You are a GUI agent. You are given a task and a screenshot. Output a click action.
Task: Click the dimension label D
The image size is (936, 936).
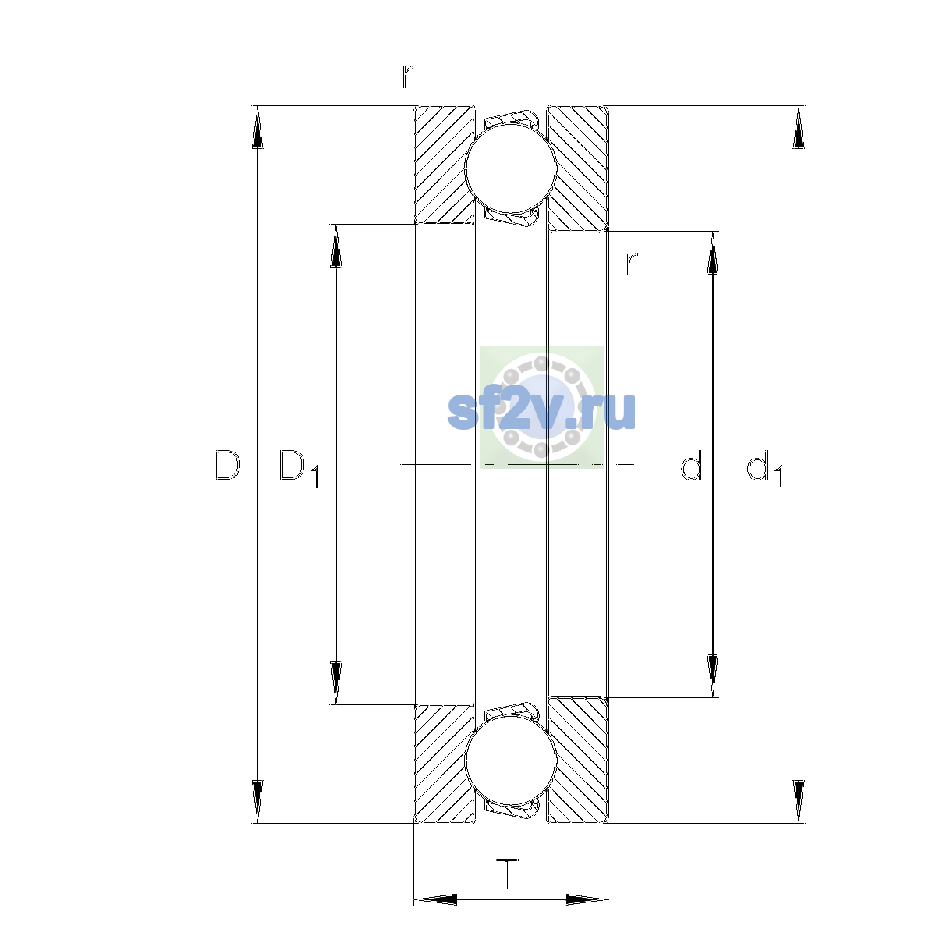tap(228, 465)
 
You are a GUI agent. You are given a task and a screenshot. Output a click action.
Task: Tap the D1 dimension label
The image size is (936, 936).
tap(299, 468)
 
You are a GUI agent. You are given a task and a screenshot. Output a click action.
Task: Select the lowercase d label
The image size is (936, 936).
tap(691, 465)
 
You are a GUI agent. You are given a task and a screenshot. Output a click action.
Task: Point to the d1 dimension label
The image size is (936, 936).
tap(764, 468)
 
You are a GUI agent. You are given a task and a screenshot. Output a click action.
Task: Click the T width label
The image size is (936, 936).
tap(507, 874)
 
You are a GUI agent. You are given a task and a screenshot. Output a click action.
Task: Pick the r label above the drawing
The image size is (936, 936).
tap(407, 76)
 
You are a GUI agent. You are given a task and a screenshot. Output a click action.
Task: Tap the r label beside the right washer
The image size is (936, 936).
tap(631, 263)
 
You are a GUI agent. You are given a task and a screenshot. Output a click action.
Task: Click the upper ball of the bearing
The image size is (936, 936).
tap(510, 168)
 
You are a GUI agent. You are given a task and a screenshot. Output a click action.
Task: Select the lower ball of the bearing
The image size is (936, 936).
tap(510, 761)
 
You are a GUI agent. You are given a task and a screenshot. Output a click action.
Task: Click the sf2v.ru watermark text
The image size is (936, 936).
tap(541, 411)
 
